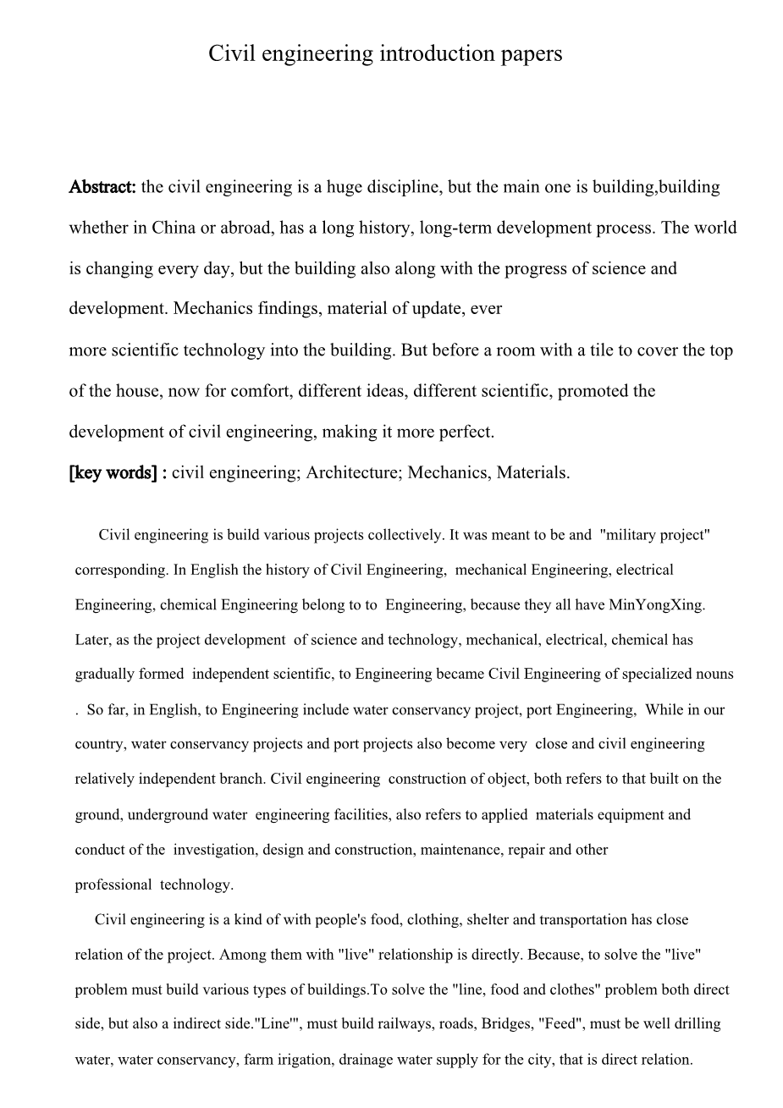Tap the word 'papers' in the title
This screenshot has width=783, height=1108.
(x=531, y=54)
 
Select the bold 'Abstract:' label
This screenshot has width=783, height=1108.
(x=102, y=187)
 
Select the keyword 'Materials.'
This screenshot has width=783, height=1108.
(x=533, y=473)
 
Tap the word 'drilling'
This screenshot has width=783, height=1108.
(x=694, y=1024)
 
